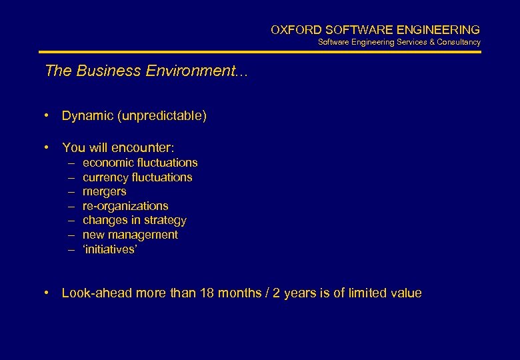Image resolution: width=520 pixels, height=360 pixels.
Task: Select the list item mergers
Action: tap(104, 191)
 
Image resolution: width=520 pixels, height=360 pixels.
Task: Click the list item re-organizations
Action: tap(125, 206)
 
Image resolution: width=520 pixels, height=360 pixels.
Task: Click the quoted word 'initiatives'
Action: tap(109, 249)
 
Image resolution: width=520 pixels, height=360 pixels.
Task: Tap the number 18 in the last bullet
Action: tap(206, 293)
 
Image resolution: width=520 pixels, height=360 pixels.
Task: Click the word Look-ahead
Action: tap(97, 293)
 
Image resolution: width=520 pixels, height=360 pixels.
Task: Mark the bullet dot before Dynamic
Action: tap(48, 116)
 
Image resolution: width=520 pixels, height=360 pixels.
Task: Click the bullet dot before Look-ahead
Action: tap(48, 293)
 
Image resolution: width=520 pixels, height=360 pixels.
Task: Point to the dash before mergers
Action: tap(71, 191)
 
